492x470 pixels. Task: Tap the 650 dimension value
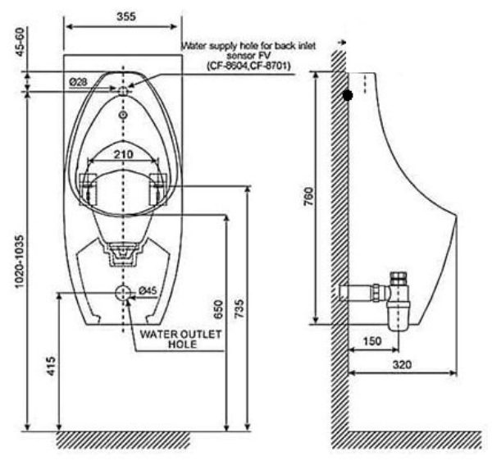click(217, 309)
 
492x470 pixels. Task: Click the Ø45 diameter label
click(148, 290)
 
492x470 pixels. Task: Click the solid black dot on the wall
click(348, 95)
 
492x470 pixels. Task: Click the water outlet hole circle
click(123, 292)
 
